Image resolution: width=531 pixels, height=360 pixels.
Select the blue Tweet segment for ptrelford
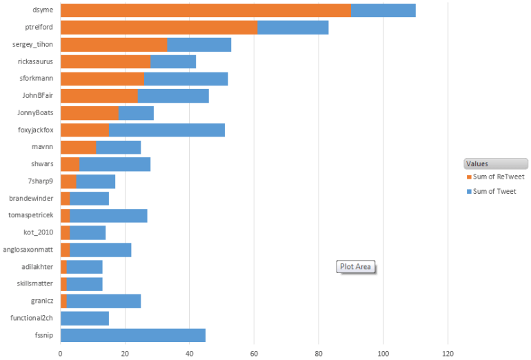click(x=293, y=28)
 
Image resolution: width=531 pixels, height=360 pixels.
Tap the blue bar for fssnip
click(x=133, y=335)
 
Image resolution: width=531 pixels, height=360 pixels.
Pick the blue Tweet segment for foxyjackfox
click(x=167, y=130)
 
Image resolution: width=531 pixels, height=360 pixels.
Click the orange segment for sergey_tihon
click(x=114, y=45)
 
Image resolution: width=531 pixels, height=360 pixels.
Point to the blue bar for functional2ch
click(x=85, y=318)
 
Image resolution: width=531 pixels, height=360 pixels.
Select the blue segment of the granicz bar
click(x=104, y=301)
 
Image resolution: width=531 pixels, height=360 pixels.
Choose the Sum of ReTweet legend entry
click(x=497, y=177)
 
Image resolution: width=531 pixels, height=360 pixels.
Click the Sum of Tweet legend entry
click(x=492, y=191)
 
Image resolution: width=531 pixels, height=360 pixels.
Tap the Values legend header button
click(x=496, y=163)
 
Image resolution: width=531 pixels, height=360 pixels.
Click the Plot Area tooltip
click(x=356, y=267)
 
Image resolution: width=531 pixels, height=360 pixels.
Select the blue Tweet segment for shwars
click(x=115, y=164)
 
